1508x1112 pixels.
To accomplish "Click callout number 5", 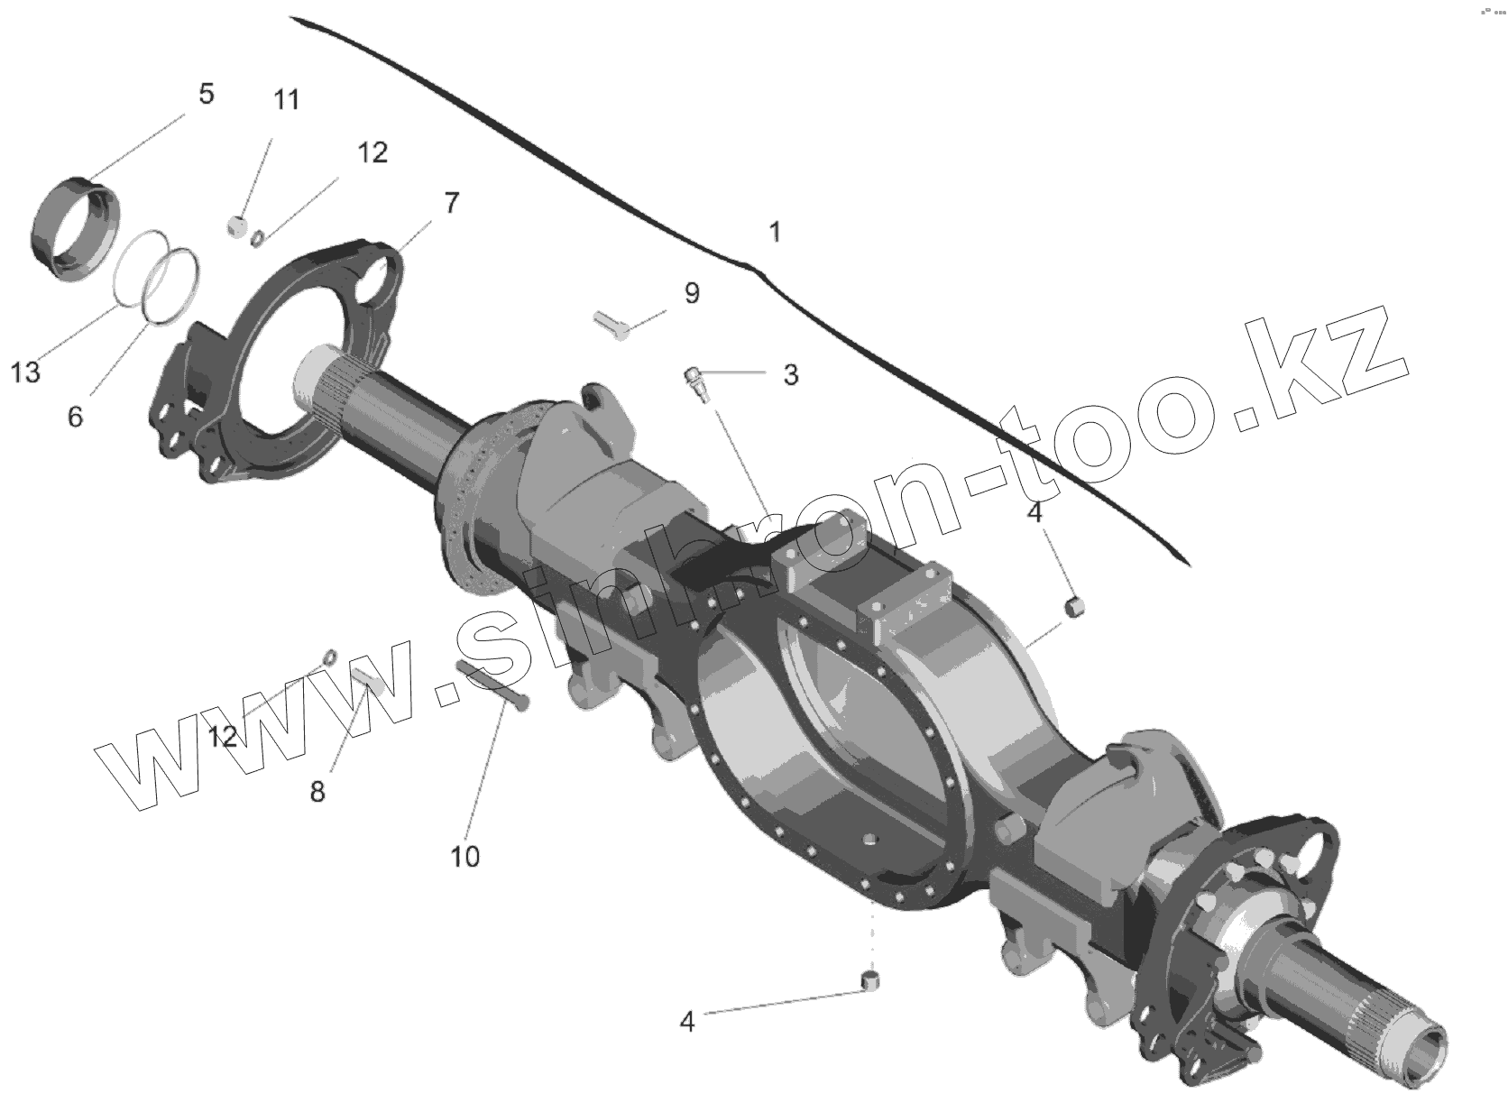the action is (x=207, y=94).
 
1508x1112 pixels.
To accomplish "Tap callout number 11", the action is (x=286, y=99).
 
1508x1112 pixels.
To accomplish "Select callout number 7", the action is (x=451, y=203).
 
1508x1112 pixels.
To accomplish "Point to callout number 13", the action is (x=26, y=372).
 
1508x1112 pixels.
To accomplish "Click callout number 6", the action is (x=75, y=417).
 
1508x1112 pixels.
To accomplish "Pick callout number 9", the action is (x=692, y=293).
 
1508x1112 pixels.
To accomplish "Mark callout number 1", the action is (x=774, y=233).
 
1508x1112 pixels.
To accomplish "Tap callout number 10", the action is (x=465, y=856).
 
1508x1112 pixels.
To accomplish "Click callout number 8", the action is (x=317, y=792).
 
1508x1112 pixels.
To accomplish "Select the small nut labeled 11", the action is (x=237, y=225).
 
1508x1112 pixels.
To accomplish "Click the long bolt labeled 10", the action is (x=492, y=685).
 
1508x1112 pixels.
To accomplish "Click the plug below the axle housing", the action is (x=870, y=981).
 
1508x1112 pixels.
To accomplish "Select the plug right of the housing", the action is (x=1073, y=607).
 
